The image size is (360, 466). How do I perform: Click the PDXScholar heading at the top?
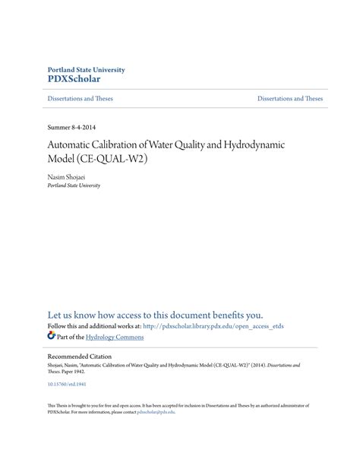point(74,78)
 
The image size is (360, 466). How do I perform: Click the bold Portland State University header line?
point(86,69)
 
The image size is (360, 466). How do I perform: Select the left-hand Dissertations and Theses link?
point(80,100)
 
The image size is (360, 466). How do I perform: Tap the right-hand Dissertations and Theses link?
point(290,100)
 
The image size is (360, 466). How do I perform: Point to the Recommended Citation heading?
point(79,356)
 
